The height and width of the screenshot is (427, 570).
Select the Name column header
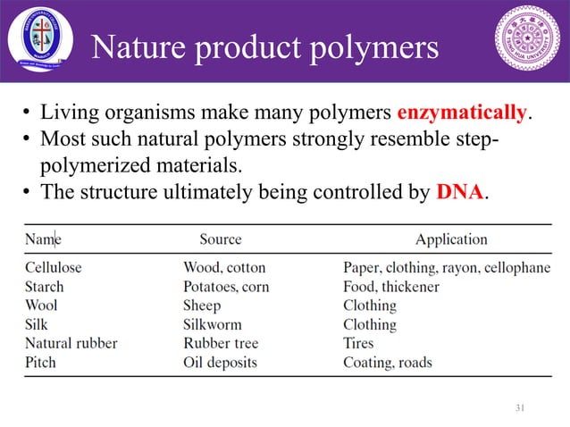[43, 239]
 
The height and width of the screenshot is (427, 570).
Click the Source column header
[220, 239]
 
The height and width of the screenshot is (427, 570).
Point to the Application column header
[451, 239]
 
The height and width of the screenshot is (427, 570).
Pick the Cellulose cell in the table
[53, 267]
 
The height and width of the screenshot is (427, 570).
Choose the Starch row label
[44, 287]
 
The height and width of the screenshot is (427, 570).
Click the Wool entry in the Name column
[41, 306]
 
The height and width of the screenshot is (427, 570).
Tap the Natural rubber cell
[71, 343]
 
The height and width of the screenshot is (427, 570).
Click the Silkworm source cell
[212, 324]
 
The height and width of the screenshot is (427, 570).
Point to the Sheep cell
[203, 306]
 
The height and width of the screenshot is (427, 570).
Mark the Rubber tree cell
[218, 343]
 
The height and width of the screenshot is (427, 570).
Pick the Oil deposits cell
[220, 362]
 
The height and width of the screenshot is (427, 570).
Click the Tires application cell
[358, 343]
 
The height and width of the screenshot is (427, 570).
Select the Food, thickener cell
[391, 287]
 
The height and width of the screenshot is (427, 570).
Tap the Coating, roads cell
[388, 362]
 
